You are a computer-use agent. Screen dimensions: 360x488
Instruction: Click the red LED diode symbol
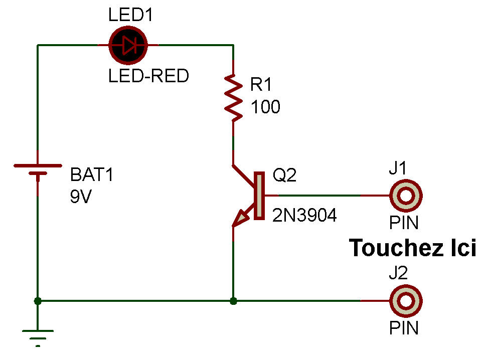click(x=127, y=46)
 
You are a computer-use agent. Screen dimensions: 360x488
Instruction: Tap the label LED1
click(x=130, y=16)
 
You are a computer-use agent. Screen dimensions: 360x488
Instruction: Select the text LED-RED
click(x=148, y=76)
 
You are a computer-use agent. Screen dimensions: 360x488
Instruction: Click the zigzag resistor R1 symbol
click(x=233, y=98)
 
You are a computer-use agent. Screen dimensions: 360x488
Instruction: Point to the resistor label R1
click(x=261, y=85)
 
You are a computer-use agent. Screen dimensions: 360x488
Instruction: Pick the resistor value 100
click(x=265, y=107)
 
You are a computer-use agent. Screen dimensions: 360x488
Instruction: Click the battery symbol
click(x=38, y=169)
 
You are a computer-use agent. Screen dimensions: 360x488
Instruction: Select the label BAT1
click(x=92, y=175)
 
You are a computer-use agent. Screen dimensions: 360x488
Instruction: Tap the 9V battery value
click(x=81, y=197)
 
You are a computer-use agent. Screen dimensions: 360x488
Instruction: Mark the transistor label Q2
click(x=284, y=175)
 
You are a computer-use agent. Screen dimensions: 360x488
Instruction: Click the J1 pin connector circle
click(x=406, y=196)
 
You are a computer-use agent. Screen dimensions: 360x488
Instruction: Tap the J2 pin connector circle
click(x=406, y=301)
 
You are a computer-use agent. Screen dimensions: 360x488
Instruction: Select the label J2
click(x=398, y=274)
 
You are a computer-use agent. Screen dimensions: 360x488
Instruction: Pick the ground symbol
click(x=38, y=335)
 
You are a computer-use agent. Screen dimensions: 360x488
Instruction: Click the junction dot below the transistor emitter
click(x=233, y=301)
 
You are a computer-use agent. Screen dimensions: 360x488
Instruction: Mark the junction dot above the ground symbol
click(x=38, y=301)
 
